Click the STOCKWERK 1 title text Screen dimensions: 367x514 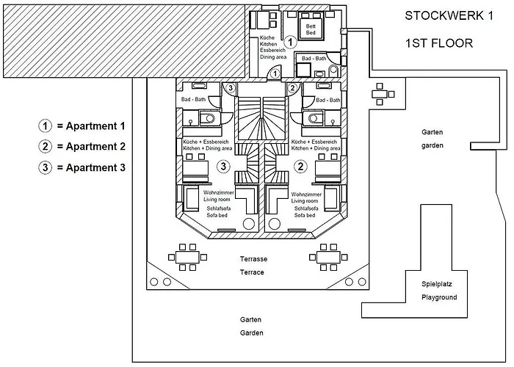[449, 16]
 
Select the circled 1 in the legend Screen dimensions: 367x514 [46, 126]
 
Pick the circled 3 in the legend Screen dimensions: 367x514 [46, 167]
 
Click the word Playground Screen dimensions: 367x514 [439, 297]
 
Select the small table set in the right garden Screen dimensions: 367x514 [380, 94]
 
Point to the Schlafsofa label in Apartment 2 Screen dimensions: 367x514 [305, 208]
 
